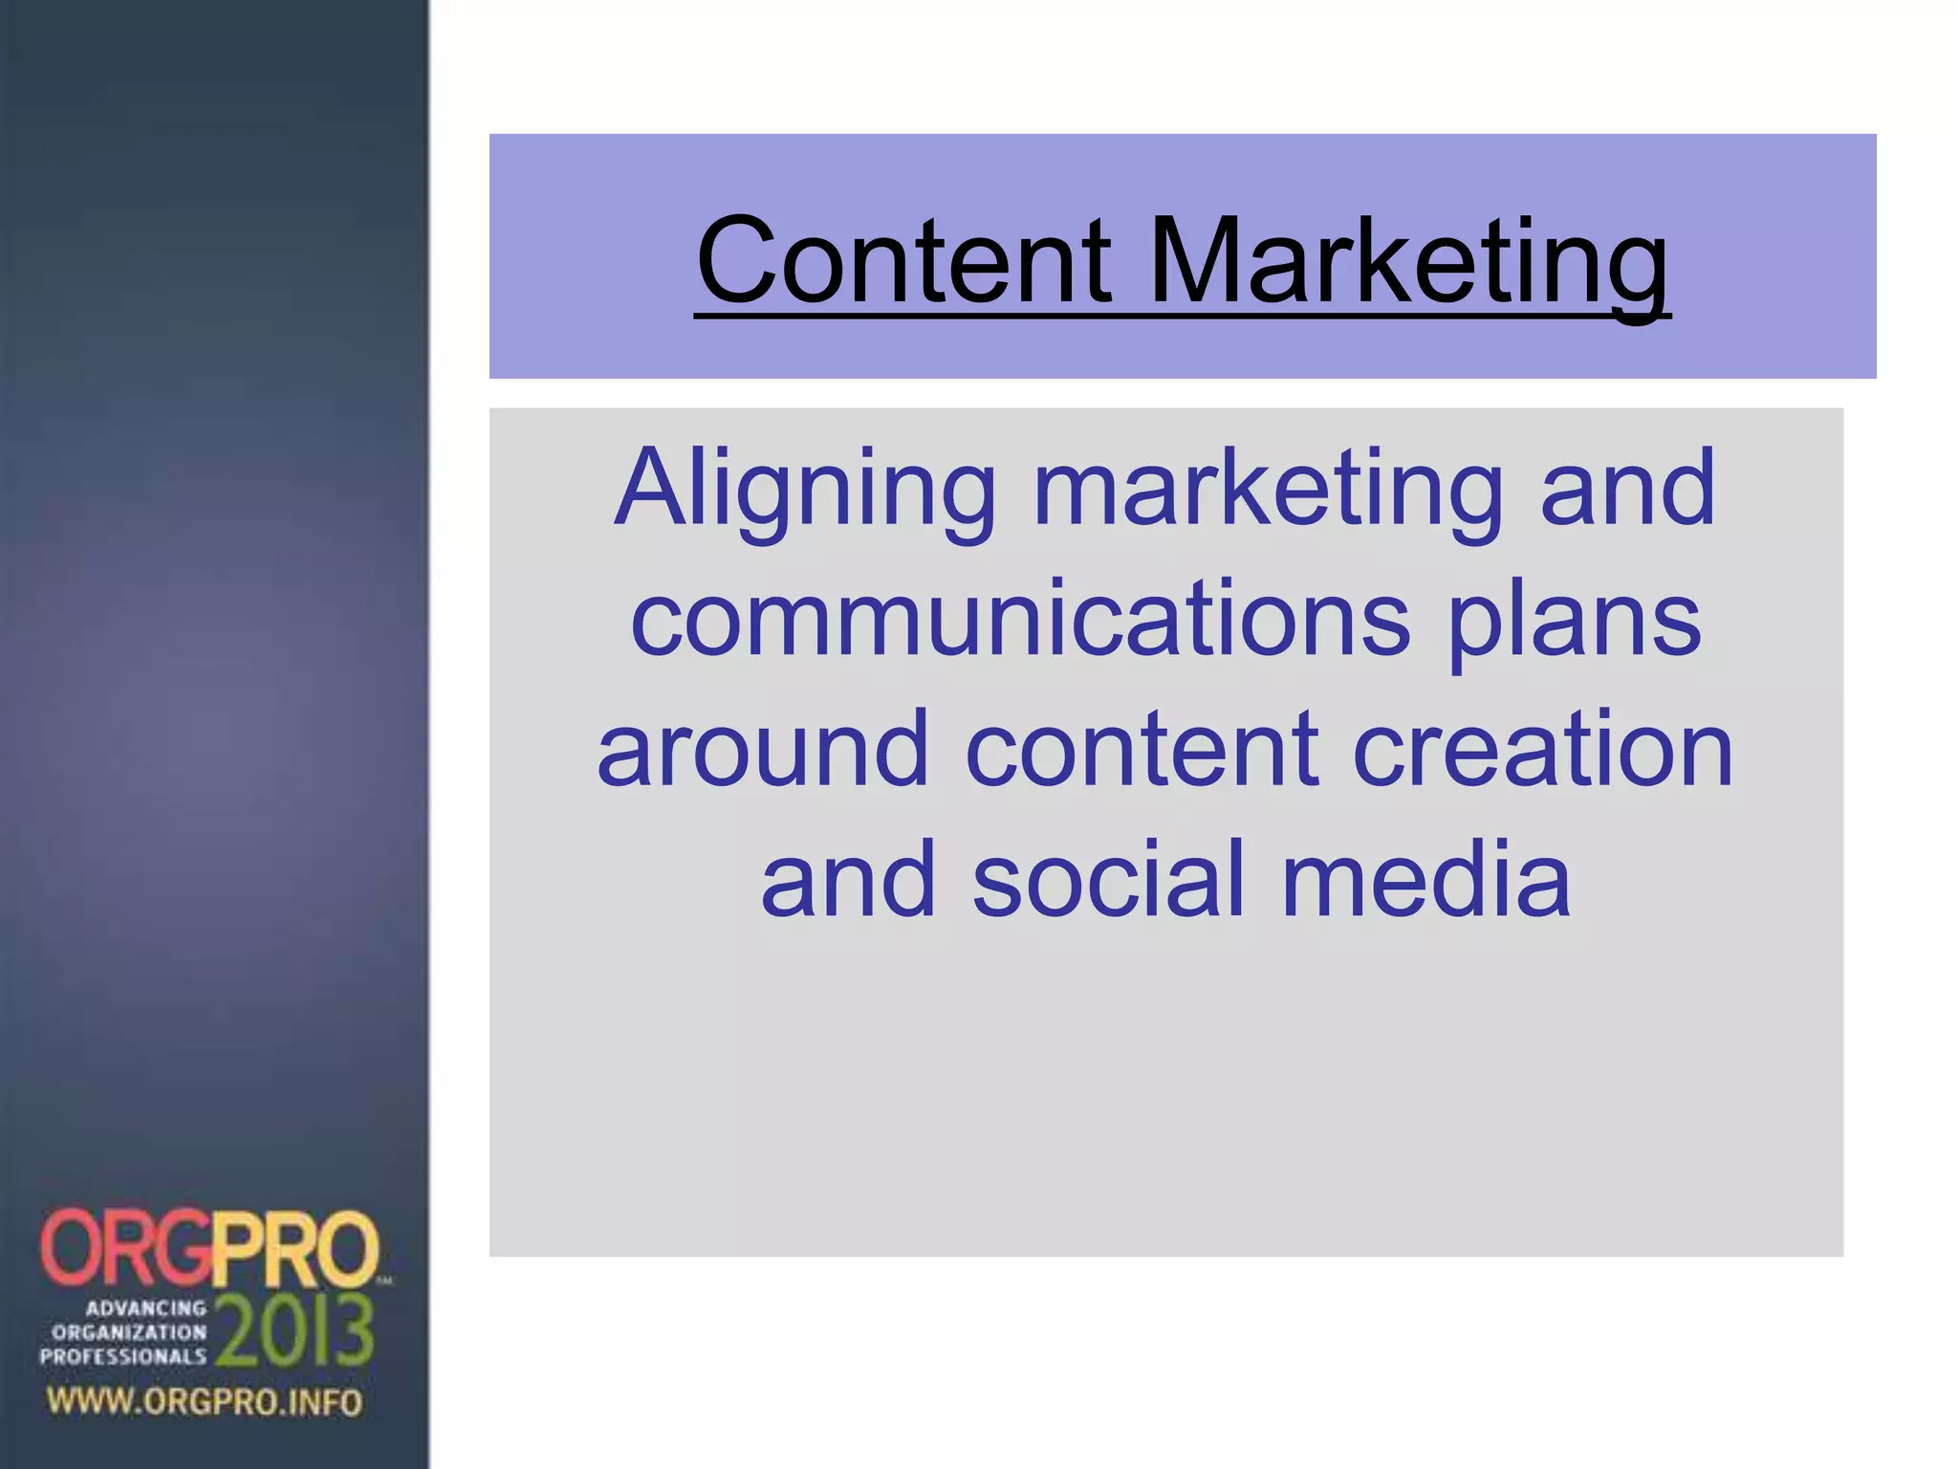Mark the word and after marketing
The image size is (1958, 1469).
point(1627,489)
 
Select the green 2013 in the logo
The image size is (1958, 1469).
point(294,1330)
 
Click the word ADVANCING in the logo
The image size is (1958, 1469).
point(146,1307)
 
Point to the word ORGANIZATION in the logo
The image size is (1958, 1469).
point(129,1331)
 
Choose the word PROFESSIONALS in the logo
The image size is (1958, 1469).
point(122,1356)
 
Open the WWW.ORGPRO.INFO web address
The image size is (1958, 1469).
point(205,1402)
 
